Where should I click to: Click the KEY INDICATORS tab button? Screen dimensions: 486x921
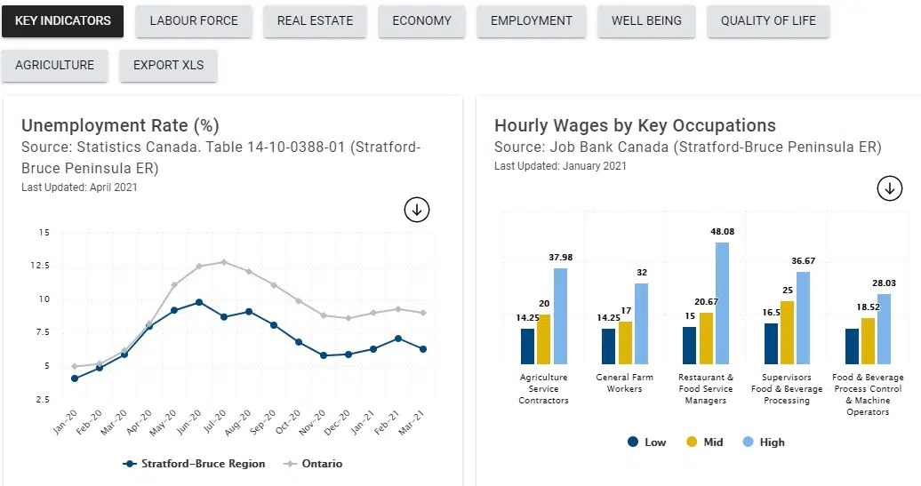point(62,20)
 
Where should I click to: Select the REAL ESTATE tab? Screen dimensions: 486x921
point(315,20)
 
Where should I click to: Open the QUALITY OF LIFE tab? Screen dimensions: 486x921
point(768,20)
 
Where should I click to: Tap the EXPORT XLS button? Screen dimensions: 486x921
point(168,65)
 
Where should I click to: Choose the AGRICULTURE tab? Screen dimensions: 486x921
point(54,65)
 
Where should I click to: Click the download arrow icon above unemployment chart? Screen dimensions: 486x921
point(417,210)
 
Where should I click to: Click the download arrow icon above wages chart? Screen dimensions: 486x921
point(890,188)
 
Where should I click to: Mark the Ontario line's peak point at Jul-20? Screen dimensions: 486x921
point(224,262)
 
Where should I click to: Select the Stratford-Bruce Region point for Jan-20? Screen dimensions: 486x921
point(75,378)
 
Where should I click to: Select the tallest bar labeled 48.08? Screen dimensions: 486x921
point(722,302)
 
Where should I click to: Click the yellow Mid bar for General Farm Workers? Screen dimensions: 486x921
point(625,342)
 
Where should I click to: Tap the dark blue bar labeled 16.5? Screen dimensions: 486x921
point(771,343)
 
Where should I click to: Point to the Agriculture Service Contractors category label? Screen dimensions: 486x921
point(543,388)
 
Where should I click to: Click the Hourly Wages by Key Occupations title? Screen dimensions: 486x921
point(635,125)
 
